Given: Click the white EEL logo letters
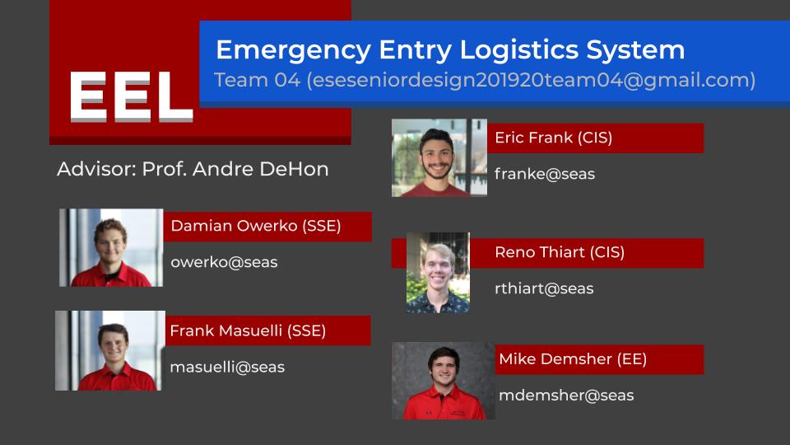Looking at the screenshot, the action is tap(131, 97).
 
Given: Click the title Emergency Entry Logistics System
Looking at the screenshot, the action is tap(450, 50).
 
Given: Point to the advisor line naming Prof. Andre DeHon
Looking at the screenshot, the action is tap(193, 169).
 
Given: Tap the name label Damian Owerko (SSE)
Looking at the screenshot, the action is tap(256, 226).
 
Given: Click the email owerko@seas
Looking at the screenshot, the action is tap(224, 262).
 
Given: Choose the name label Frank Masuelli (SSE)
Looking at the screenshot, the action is tap(248, 331).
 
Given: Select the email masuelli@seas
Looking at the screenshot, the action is tap(227, 368).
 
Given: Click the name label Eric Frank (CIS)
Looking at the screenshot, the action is tap(553, 138).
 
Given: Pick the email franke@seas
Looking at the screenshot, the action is tap(545, 174).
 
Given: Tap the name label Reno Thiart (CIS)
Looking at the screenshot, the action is tap(560, 252).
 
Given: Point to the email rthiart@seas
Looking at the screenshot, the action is tap(544, 288).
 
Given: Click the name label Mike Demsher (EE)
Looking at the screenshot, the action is tap(573, 359).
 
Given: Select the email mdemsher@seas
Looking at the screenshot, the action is tap(566, 396).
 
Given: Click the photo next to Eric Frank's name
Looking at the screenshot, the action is tap(439, 158).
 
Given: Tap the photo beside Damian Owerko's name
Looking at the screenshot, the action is tap(111, 248).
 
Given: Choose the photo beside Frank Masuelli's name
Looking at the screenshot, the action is tap(110, 351).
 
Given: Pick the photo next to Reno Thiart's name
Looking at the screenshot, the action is tap(439, 273).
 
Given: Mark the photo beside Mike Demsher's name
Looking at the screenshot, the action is tap(444, 381).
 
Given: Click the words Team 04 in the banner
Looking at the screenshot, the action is tap(258, 80).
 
